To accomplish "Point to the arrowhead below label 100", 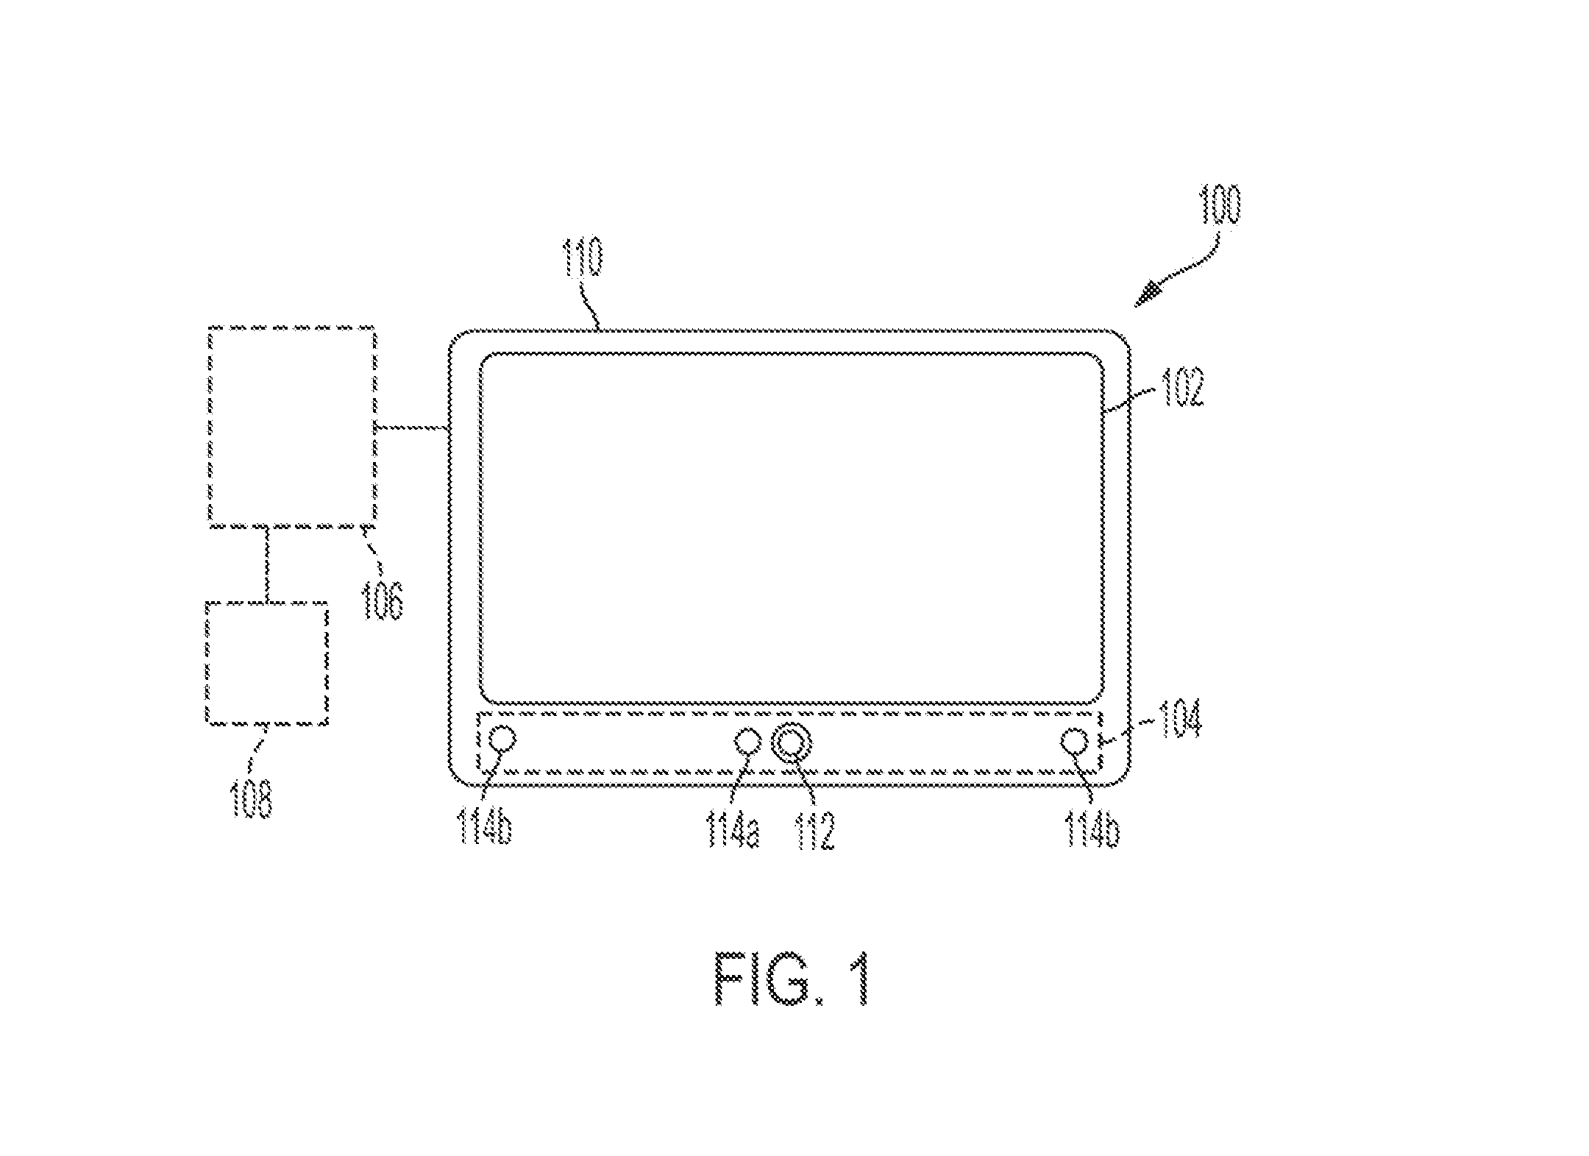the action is click(1147, 296).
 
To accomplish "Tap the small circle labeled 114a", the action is click(747, 740).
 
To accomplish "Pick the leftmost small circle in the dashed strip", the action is click(502, 737).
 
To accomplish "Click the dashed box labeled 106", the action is click(292, 426).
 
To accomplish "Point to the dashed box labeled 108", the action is click(266, 663).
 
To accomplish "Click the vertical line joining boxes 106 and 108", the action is click(266, 564).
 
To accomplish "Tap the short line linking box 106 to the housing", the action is click(412, 426).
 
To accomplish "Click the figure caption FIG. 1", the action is click(792, 981).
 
